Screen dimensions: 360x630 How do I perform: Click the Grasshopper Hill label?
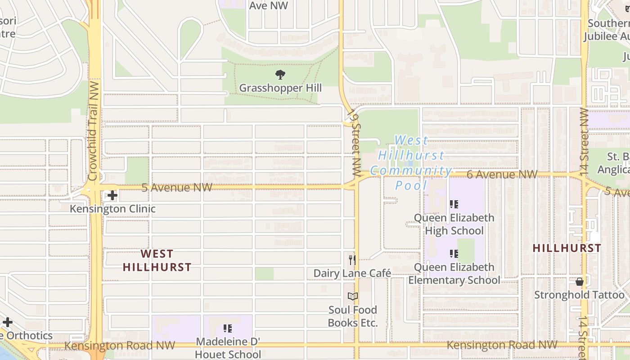pyautogui.click(x=280, y=88)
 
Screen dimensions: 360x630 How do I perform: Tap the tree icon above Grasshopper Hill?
pyautogui.click(x=280, y=74)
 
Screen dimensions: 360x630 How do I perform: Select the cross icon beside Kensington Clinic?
pyautogui.click(x=112, y=195)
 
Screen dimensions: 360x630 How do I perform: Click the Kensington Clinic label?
pyautogui.click(x=112, y=209)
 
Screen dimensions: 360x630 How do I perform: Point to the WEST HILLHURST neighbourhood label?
pyautogui.click(x=157, y=261)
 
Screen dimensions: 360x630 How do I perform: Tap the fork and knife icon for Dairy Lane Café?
pyautogui.click(x=352, y=260)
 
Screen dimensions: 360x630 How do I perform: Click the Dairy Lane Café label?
pyautogui.click(x=352, y=273)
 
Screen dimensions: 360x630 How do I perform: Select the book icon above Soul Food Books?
pyautogui.click(x=353, y=297)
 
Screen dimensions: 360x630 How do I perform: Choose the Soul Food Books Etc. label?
pyautogui.click(x=353, y=316)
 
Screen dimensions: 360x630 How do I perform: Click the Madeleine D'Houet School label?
pyautogui.click(x=228, y=348)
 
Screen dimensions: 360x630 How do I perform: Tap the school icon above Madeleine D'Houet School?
pyautogui.click(x=228, y=328)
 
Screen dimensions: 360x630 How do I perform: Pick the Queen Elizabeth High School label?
pyautogui.click(x=454, y=224)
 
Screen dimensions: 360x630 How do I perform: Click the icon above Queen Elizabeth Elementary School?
pyautogui.click(x=454, y=254)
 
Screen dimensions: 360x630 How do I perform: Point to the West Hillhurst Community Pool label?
pyautogui.click(x=411, y=162)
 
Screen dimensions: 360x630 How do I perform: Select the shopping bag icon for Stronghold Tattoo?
pyautogui.click(x=580, y=282)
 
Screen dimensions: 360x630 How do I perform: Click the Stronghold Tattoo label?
pyautogui.click(x=580, y=295)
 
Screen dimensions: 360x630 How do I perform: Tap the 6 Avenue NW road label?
pyautogui.click(x=502, y=174)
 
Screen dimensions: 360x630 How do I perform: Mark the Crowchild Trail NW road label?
pyautogui.click(x=94, y=130)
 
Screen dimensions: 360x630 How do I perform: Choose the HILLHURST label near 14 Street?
pyautogui.click(x=567, y=248)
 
